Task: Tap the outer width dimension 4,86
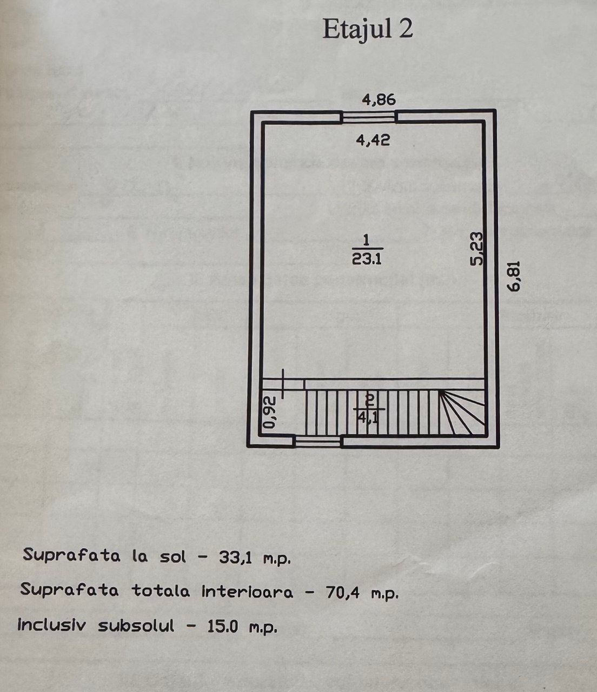coord(379,99)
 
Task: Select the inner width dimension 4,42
coord(373,140)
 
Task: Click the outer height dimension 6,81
coord(514,276)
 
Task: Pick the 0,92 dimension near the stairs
coord(269,412)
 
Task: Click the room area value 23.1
coord(367,259)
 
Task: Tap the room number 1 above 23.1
coord(366,239)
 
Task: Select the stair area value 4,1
coord(369,417)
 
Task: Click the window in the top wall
coord(369,117)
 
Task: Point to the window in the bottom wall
coord(318,441)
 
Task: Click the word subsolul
coord(136,626)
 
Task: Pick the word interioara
coord(248,592)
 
